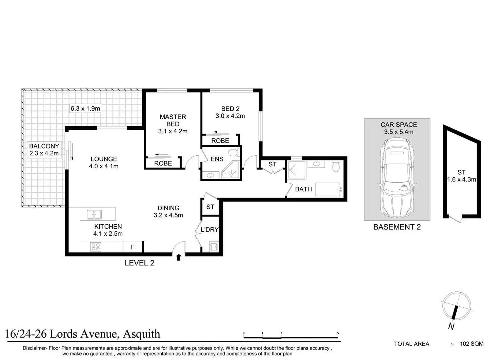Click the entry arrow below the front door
[179, 258]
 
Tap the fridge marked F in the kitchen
[133, 247]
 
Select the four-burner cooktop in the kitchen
[96, 247]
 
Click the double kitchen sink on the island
[94, 215]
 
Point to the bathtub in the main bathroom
[328, 190]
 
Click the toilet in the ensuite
[234, 153]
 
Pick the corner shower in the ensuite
[231, 170]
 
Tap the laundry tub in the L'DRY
[214, 247]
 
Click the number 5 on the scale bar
[338, 333]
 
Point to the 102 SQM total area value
[472, 344]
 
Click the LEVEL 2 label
[139, 263]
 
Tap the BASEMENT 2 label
[397, 227]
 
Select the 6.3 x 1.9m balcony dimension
[85, 109]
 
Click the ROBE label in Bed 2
[220, 141]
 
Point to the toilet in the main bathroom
[336, 166]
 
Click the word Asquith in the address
[141, 334]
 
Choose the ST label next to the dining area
[210, 207]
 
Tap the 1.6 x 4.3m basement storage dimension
[462, 179]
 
